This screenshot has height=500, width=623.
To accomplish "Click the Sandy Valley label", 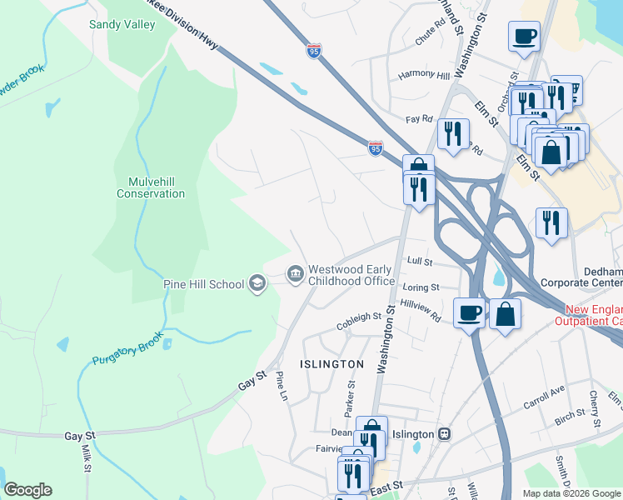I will pos(122,24).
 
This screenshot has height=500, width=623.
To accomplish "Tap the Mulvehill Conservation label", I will pos(151,187).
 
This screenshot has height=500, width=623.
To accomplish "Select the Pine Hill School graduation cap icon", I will pos(257,284).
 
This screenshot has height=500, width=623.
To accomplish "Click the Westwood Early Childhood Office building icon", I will pos(296,273).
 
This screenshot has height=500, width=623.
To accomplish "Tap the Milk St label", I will pos(87,457).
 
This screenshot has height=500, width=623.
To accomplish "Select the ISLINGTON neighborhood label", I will pos(331,364).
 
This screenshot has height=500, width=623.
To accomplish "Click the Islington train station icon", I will pos(446,434).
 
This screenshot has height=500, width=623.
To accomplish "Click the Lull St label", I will pos(420,262).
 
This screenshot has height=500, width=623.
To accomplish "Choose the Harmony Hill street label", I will pos(423,76).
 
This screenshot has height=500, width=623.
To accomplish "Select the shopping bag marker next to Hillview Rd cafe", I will pos(506,314).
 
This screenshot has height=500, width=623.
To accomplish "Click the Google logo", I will pos(27,490).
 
